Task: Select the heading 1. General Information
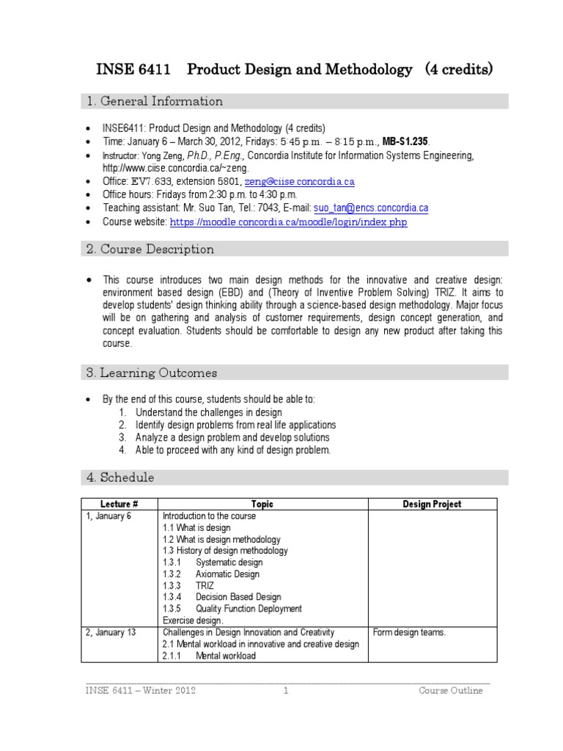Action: (155, 101)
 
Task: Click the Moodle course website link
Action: (289, 221)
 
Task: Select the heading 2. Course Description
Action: (150, 249)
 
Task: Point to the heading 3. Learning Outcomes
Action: (152, 373)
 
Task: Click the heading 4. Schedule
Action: (120, 477)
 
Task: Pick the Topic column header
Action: (262, 504)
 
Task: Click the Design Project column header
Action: (433, 504)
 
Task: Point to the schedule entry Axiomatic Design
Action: (227, 574)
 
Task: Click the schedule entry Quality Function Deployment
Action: (249, 609)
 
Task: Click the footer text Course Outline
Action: (451, 691)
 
